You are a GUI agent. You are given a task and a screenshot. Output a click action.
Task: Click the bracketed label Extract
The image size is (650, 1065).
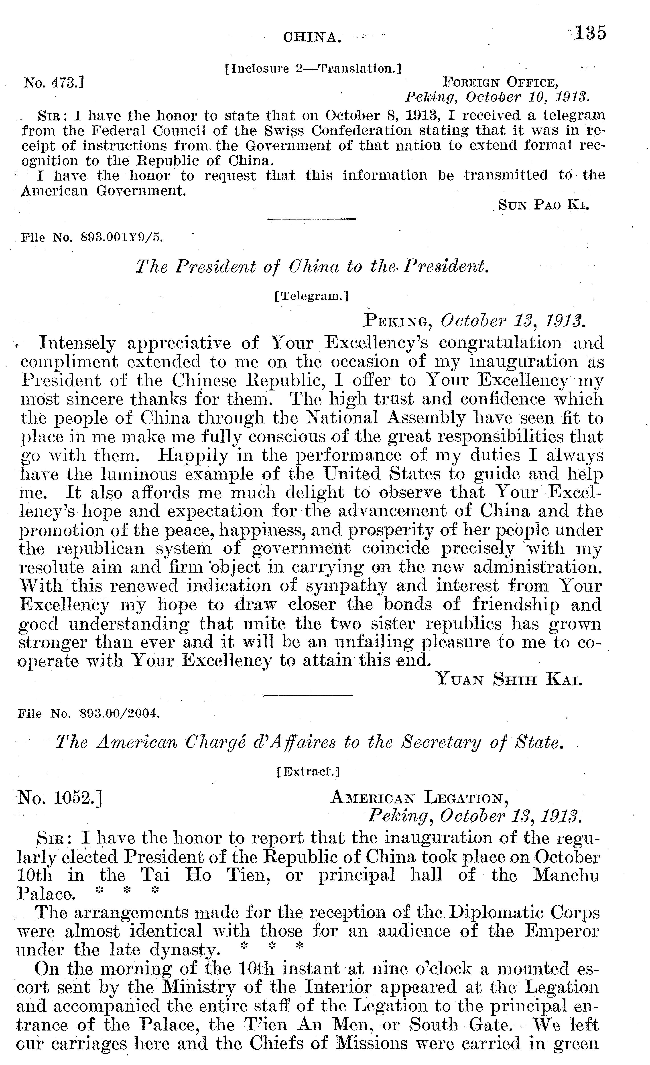click(308, 771)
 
